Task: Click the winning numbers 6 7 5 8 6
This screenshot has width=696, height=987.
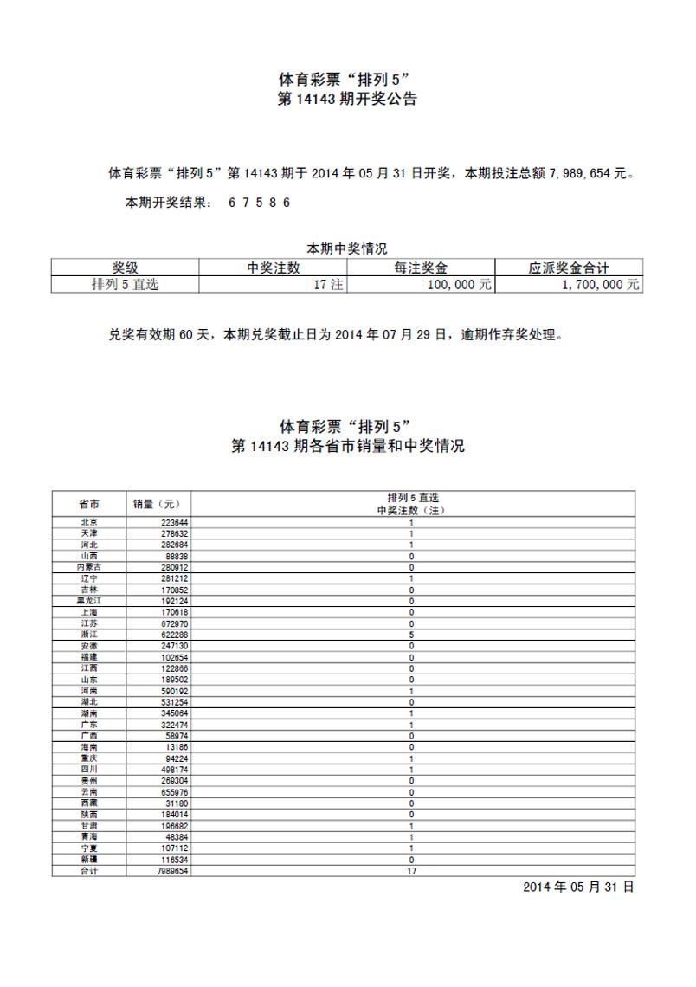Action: click(259, 203)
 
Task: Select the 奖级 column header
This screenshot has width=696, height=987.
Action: click(125, 268)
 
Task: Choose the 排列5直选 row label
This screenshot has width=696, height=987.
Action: click(125, 284)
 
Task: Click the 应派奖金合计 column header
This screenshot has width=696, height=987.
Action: click(569, 268)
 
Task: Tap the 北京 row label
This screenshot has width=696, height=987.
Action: click(88, 522)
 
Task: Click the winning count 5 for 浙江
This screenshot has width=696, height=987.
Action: click(411, 635)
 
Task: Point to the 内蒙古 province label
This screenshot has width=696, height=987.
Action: click(88, 567)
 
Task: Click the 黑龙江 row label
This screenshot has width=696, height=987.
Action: click(88, 601)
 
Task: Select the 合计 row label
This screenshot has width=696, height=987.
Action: click(88, 871)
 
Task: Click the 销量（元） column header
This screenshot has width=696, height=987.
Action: click(158, 503)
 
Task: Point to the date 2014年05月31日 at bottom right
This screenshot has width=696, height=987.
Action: click(578, 887)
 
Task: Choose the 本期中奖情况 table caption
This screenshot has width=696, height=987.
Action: click(347, 248)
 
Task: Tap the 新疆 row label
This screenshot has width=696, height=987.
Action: click(88, 860)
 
